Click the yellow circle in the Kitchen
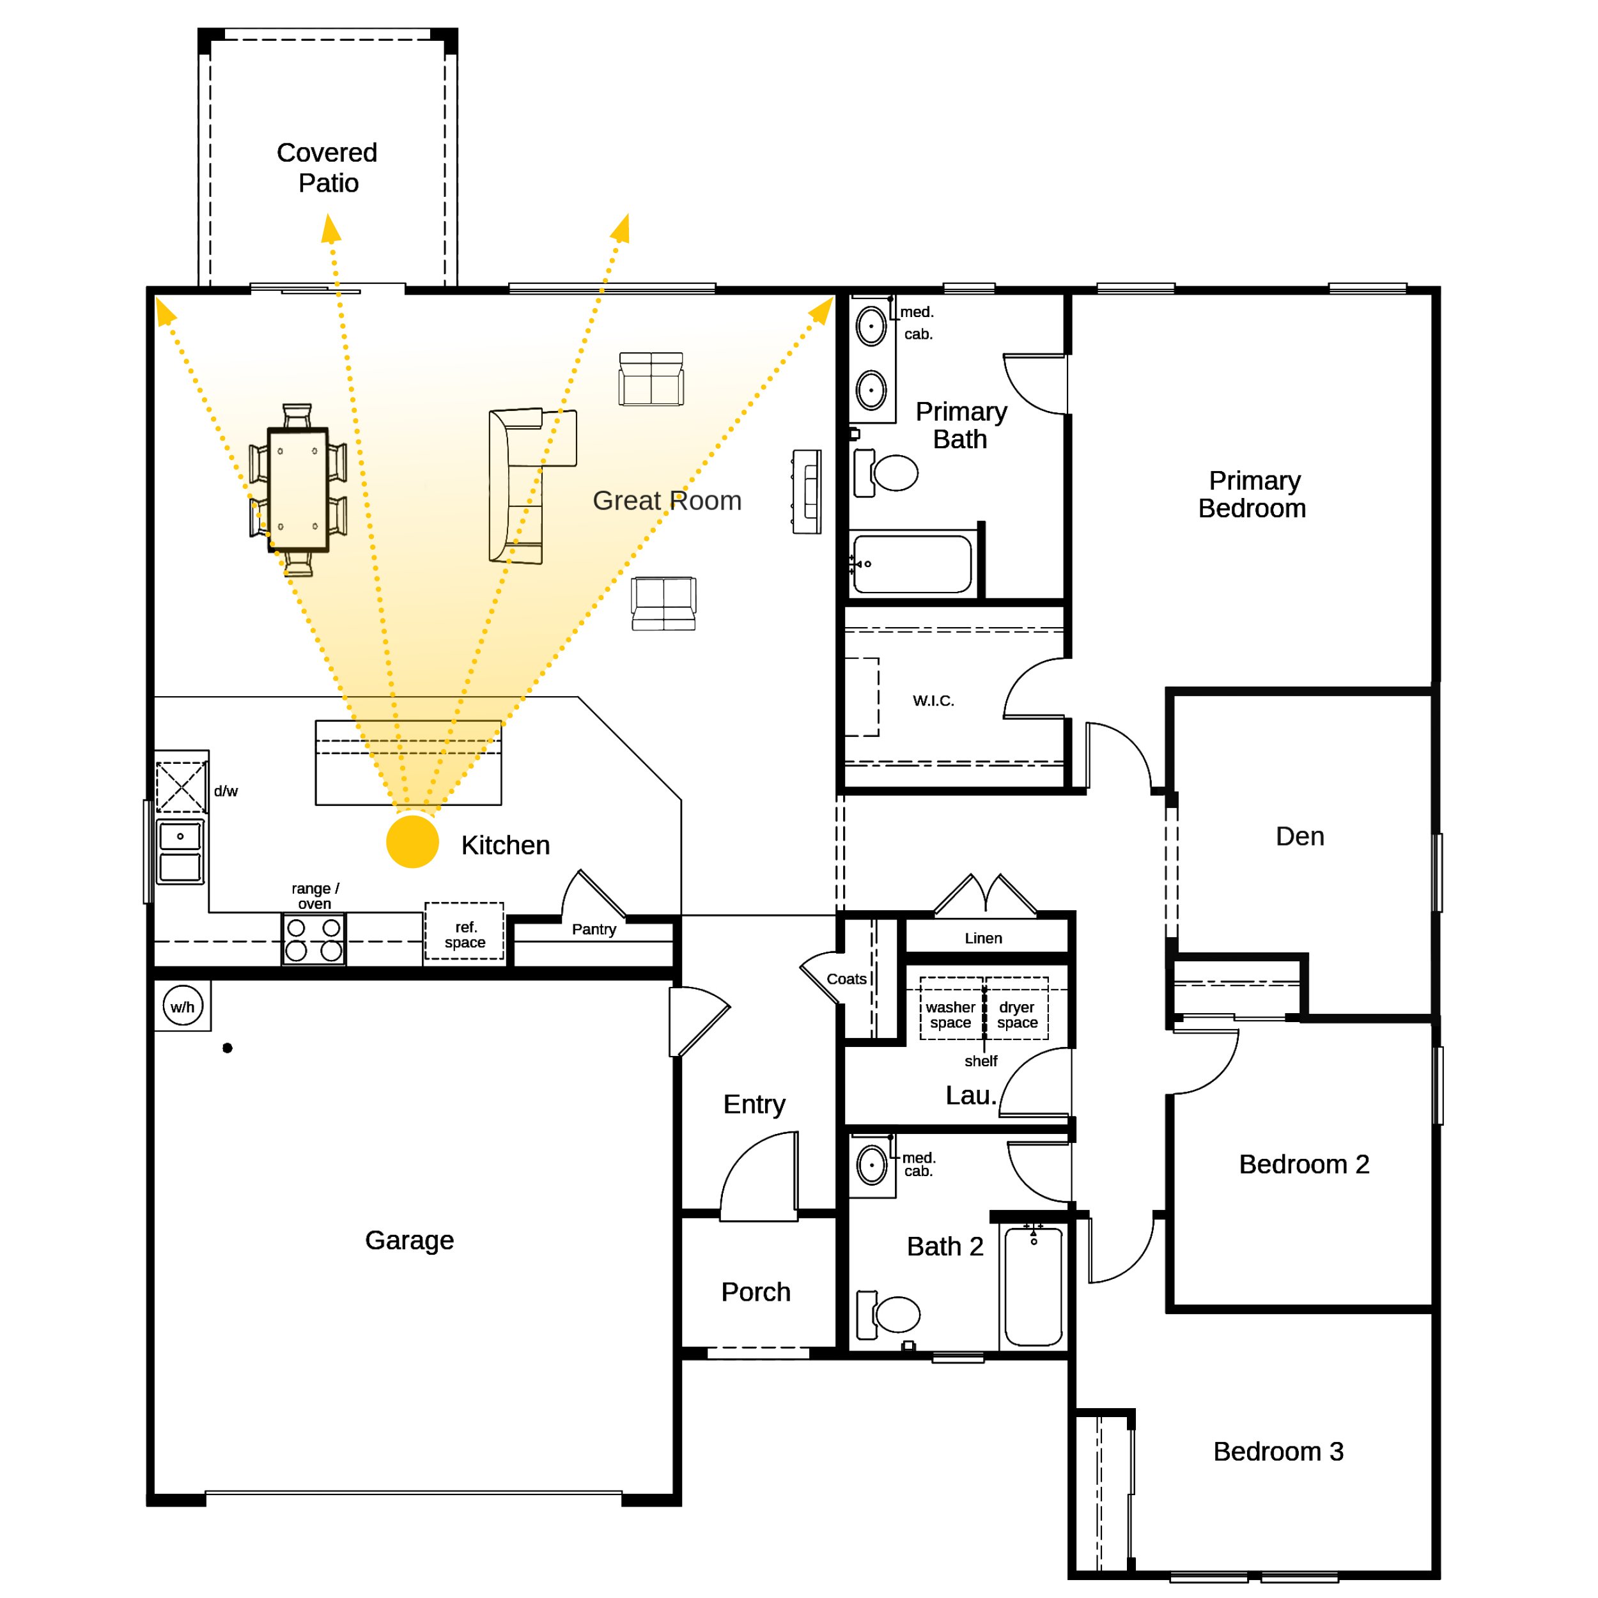[x=412, y=841]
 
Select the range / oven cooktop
[x=313, y=939]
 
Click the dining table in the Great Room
[x=298, y=489]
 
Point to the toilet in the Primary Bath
[x=886, y=473]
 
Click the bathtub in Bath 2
[x=1033, y=1286]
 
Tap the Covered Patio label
[x=327, y=167]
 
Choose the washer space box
[x=951, y=1008]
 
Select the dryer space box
[x=1016, y=1008]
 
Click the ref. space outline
[x=464, y=931]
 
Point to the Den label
[x=1299, y=836]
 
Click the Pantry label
[x=594, y=929]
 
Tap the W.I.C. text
[x=933, y=701]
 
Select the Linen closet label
[x=984, y=938]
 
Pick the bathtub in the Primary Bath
[x=912, y=564]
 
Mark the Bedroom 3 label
[x=1278, y=1451]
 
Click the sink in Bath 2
[x=872, y=1165]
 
